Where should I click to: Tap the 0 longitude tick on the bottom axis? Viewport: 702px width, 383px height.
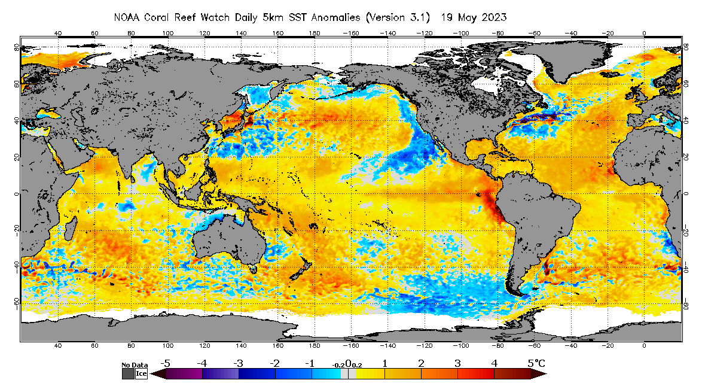click(644, 346)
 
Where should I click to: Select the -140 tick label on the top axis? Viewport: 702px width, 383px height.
click(388, 34)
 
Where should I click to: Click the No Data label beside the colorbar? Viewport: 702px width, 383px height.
click(135, 364)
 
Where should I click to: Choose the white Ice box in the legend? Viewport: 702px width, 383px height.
click(141, 373)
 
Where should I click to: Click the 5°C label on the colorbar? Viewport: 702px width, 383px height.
click(536, 363)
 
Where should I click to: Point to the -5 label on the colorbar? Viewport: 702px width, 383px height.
click(166, 363)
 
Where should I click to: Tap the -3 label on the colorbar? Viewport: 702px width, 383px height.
click(238, 363)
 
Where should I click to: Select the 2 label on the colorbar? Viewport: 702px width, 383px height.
click(421, 363)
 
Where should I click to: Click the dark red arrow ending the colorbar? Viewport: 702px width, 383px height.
click(539, 374)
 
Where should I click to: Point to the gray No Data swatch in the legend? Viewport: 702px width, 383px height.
click(128, 373)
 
